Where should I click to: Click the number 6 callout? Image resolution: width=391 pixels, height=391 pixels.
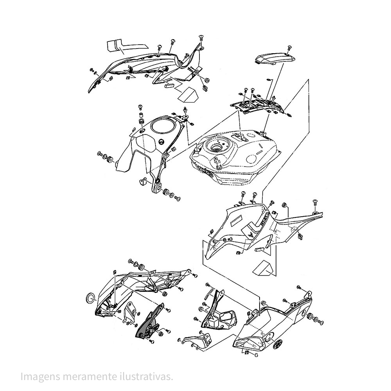256,355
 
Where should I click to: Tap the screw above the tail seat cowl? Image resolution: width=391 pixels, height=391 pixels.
289,48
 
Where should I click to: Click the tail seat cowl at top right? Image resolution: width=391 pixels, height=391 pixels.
275,59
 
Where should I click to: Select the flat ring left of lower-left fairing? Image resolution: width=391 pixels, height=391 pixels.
90,298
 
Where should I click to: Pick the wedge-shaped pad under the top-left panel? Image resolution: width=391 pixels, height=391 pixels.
188,95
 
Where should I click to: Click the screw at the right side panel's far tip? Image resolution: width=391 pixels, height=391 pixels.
315,202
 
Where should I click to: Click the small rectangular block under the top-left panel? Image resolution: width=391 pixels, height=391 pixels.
169,85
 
